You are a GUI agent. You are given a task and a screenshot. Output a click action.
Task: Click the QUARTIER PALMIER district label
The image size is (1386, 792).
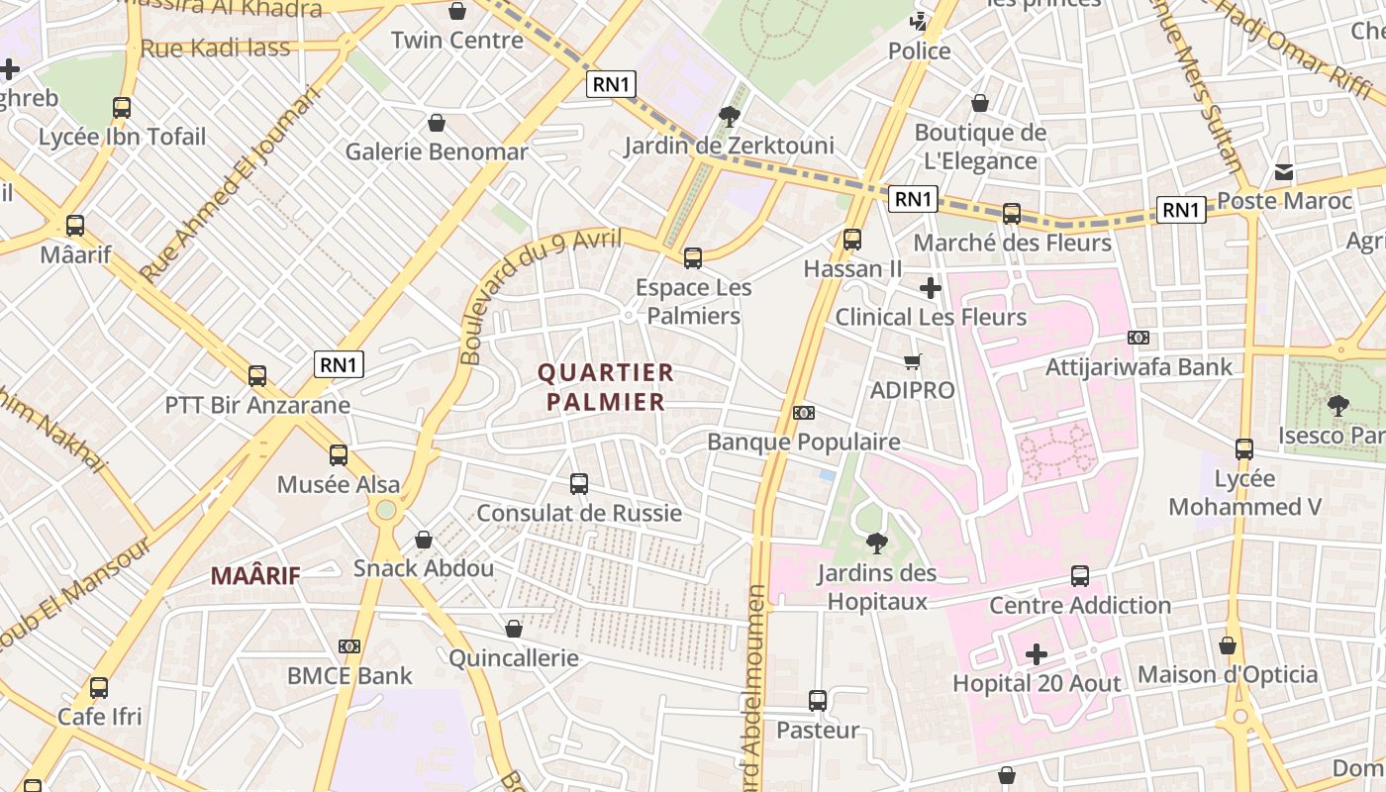[x=605, y=387]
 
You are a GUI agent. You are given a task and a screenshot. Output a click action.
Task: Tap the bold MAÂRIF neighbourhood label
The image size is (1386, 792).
[x=255, y=575]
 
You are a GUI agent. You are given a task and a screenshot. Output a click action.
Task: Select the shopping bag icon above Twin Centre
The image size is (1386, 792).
[x=457, y=11]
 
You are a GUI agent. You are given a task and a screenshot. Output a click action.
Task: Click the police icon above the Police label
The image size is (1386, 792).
[x=920, y=21]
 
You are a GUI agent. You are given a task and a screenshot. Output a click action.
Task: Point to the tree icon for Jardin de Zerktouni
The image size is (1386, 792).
[x=730, y=117]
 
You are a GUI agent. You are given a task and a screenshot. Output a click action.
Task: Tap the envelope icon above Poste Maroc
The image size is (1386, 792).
[x=1284, y=172]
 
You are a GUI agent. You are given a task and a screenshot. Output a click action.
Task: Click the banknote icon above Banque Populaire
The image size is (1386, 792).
[x=804, y=412]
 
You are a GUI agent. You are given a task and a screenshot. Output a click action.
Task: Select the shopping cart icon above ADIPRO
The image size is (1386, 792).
[x=912, y=361]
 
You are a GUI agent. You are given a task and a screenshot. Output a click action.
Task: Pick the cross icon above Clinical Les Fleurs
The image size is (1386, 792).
[x=931, y=288]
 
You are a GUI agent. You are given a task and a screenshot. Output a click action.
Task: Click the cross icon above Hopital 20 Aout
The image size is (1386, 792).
[x=1037, y=654]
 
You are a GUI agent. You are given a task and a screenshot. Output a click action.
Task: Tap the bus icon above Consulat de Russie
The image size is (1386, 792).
[x=579, y=484]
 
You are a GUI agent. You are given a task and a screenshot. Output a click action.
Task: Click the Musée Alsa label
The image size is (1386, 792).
[x=339, y=484]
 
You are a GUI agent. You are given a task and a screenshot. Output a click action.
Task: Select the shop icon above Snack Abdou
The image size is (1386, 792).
[x=424, y=540]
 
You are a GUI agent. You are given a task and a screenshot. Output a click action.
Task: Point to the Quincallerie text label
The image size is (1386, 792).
[x=513, y=658]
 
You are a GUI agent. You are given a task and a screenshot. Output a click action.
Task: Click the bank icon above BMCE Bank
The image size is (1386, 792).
[x=349, y=646]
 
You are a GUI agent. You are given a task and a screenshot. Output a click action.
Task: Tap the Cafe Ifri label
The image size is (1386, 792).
[x=99, y=716]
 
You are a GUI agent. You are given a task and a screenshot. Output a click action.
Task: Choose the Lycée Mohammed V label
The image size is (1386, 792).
[x=1244, y=493]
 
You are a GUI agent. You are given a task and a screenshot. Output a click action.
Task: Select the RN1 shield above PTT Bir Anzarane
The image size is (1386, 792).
[x=339, y=364]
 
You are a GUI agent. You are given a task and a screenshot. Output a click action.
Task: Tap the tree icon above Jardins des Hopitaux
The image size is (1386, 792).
[x=876, y=543]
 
